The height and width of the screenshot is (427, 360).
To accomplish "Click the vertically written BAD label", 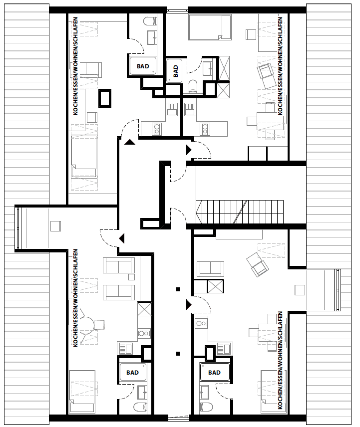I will click(x=175, y=71).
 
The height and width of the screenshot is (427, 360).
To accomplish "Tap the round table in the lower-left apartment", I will click(x=88, y=325).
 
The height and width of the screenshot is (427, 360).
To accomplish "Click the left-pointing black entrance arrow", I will click(x=121, y=238).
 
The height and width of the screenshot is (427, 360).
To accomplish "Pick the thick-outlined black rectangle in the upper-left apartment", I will click(x=105, y=98).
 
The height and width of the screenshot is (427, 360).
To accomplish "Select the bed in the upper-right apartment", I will click(x=210, y=26).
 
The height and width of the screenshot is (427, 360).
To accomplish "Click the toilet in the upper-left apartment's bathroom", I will click(x=149, y=22).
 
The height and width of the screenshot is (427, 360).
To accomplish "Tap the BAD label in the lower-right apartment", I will click(x=214, y=373).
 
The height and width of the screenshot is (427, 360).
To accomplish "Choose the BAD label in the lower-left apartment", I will click(x=132, y=373).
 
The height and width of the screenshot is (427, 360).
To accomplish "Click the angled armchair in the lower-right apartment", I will click(x=257, y=264).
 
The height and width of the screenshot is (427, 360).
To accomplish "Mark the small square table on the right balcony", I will click(x=300, y=290).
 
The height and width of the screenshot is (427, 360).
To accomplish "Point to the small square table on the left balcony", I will click(x=54, y=226).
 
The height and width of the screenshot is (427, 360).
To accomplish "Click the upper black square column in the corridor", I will click(x=178, y=289).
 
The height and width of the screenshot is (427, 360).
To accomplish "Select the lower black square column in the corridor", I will click(x=178, y=354).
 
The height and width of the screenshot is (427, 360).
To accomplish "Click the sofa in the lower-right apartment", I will click(x=211, y=268).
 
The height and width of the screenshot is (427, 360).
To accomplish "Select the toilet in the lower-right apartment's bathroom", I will click(x=205, y=407).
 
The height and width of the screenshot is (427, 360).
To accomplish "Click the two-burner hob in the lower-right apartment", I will click(x=201, y=323).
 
